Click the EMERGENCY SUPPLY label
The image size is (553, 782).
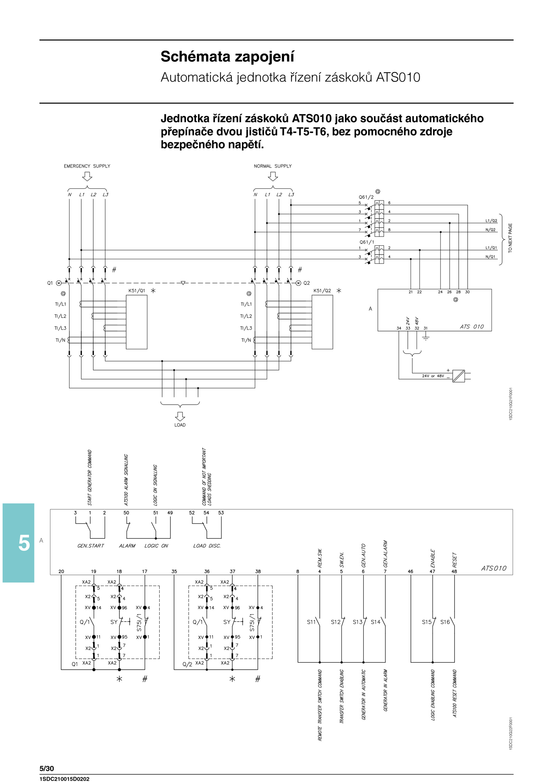[87, 166]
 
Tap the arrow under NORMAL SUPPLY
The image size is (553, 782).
[273, 176]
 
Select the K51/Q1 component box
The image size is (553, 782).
[137, 322]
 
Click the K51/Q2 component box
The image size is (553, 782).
[322, 322]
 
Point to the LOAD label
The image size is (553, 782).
[180, 425]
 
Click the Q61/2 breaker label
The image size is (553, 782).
[366, 197]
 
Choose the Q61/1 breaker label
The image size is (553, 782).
[367, 242]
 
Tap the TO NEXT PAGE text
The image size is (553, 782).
[510, 238]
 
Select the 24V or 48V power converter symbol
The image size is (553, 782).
[459, 376]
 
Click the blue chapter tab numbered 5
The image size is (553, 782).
[19, 543]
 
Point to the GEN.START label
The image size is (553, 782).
[91, 546]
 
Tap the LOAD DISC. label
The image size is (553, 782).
[207, 546]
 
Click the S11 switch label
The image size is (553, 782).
[311, 622]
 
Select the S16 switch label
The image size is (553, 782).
[445, 622]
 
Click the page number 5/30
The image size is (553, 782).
[47, 769]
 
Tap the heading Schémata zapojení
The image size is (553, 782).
[227, 57]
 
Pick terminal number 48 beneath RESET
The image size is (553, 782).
[454, 572]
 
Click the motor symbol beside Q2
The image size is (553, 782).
[298, 283]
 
